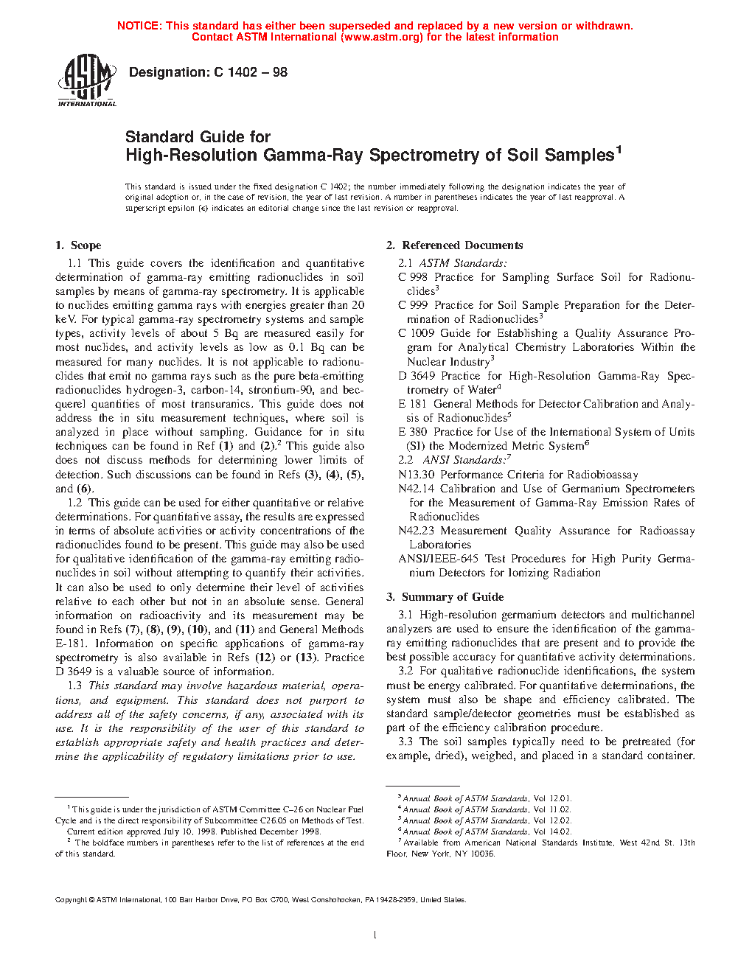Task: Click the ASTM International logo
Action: click(x=87, y=81)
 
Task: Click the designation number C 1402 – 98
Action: click(x=251, y=72)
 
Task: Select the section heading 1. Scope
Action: click(x=78, y=245)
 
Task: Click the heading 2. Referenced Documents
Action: click(x=455, y=245)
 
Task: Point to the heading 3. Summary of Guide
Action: click(x=445, y=597)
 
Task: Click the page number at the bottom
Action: click(x=375, y=935)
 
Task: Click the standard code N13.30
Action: click(x=417, y=475)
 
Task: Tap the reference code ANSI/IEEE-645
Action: click(x=439, y=559)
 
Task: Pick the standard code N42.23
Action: click(x=417, y=531)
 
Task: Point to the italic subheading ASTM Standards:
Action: click(x=463, y=263)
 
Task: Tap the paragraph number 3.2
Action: click(x=405, y=671)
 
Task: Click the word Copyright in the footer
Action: click(x=72, y=899)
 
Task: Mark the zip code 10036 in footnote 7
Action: click(x=483, y=854)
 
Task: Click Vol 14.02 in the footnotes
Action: click(x=552, y=831)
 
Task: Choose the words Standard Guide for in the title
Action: click(x=198, y=137)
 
